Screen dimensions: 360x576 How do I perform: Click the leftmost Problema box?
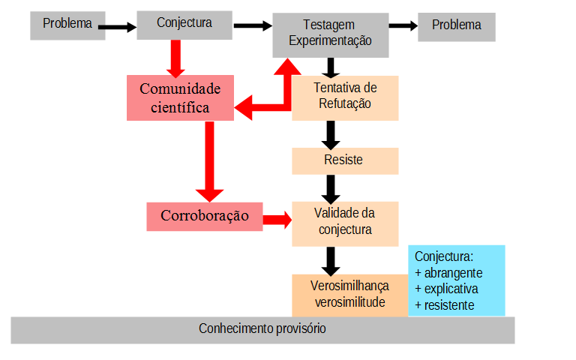[67, 24]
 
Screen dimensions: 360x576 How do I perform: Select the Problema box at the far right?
[457, 25]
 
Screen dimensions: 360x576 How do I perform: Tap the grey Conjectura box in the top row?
[184, 23]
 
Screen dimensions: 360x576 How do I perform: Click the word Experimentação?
[331, 41]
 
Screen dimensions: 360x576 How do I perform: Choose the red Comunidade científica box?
[181, 98]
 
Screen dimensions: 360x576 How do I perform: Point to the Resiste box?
[344, 160]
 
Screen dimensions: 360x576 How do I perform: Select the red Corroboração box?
[205, 216]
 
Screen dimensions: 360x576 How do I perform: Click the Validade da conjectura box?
[344, 222]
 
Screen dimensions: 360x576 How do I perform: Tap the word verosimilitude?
[349, 302]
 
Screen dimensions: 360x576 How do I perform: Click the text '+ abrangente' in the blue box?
[448, 272]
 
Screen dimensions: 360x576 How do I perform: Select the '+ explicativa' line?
[446, 289]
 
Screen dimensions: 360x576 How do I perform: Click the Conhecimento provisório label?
[262, 329]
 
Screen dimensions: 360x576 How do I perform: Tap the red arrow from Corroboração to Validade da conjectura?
[277, 219]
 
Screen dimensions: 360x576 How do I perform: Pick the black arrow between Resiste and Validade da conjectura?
[328, 187]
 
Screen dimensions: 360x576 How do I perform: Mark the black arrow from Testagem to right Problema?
[403, 25]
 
